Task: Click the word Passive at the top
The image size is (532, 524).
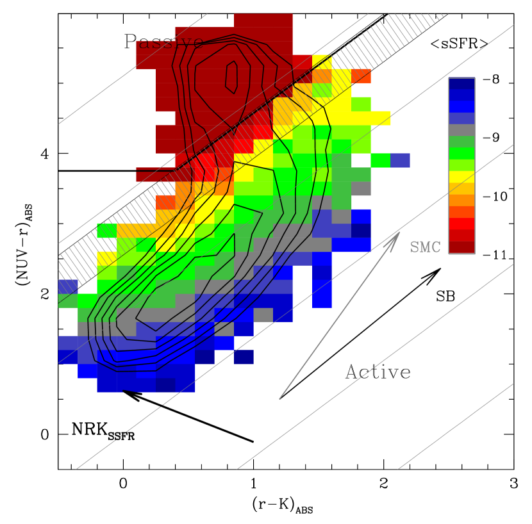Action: coord(164,42)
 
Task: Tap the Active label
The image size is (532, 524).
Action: coord(378,372)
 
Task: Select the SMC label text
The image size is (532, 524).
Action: coord(425,247)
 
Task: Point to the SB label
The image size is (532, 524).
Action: coord(445,297)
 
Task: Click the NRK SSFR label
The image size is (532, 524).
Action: coord(103,431)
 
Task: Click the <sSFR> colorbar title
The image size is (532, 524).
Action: coord(460,44)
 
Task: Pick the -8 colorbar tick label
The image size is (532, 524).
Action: coord(490,79)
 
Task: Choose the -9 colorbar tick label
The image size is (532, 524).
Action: coord(490,138)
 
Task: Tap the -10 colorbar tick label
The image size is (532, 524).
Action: coord(495,196)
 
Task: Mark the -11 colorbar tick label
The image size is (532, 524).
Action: coord(495,255)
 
